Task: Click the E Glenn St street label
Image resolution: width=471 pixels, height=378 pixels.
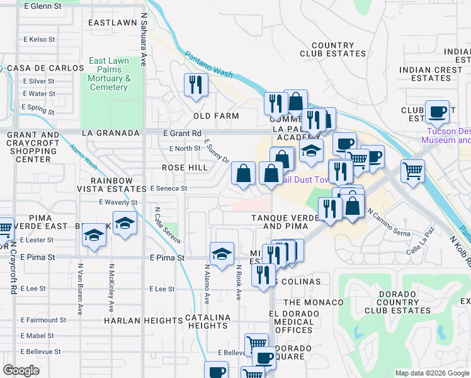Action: [42, 6]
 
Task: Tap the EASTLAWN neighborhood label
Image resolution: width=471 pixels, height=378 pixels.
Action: [113, 23]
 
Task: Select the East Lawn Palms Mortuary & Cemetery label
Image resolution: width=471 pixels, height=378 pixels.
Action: [109, 74]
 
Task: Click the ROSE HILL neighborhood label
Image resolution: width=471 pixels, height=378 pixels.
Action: [184, 168]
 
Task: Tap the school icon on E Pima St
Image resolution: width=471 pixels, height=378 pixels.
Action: [221, 255]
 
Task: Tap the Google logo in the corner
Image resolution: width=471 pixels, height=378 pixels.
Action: [21, 370]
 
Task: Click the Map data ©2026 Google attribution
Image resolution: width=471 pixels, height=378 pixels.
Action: [431, 373]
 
